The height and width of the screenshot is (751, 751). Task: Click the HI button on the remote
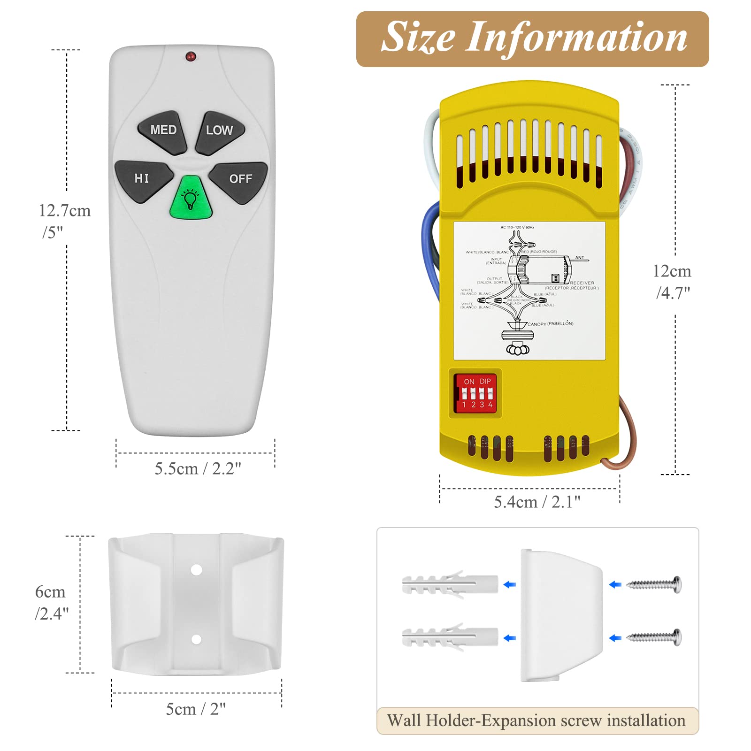[x=142, y=180]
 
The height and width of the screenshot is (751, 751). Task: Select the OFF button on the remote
[x=240, y=180]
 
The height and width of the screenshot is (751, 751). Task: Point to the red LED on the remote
[x=191, y=57]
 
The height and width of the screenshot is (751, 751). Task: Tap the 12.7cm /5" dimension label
[x=64, y=221]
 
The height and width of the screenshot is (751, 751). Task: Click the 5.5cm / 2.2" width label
[x=198, y=468]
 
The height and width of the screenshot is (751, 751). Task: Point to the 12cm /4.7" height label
[x=672, y=282]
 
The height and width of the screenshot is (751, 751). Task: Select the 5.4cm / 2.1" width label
[x=537, y=502]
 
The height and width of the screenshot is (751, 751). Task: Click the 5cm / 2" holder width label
[x=196, y=709]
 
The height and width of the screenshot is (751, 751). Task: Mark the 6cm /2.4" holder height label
[x=51, y=603]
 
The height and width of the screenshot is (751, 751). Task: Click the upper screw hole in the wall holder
[x=196, y=570]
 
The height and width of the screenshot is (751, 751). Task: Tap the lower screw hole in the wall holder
[x=196, y=639]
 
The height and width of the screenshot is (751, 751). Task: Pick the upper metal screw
[x=654, y=584]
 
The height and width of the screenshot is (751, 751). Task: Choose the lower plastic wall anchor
[x=449, y=637]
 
